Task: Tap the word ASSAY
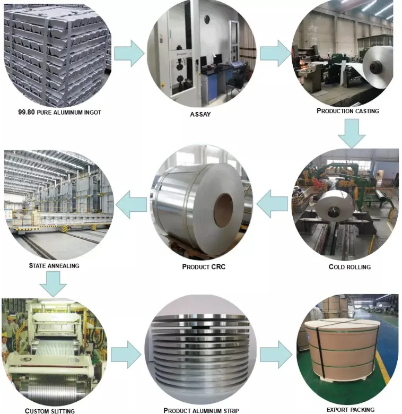[x=200, y=114]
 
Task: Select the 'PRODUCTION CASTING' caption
[x=347, y=111]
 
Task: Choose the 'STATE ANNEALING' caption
[x=54, y=265]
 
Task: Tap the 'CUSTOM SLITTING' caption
[x=50, y=410]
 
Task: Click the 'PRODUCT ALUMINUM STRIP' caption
[x=201, y=410]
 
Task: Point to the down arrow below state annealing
[x=53, y=284]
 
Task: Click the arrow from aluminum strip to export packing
[x=276, y=353]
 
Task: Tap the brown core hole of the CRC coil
[x=223, y=210]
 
